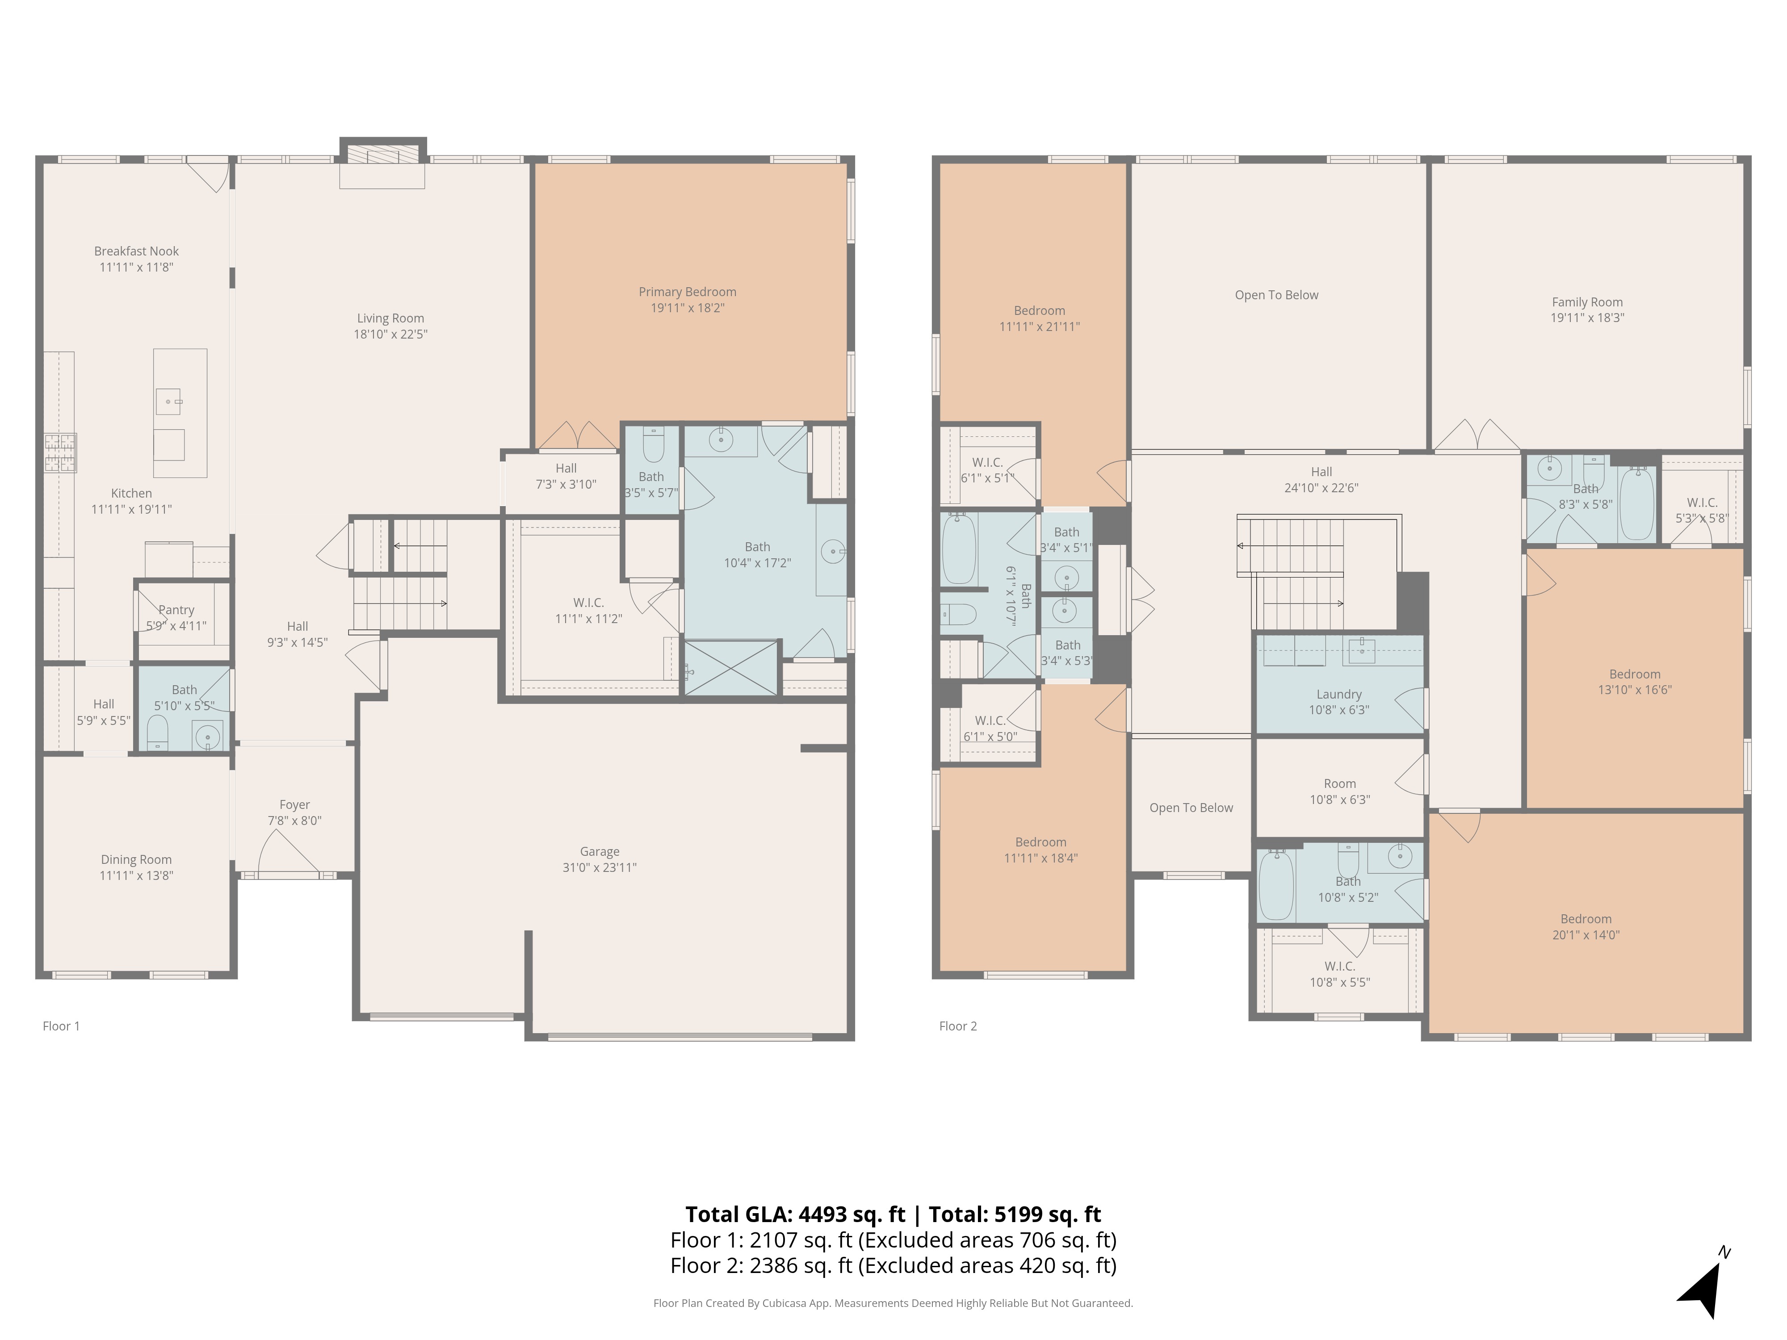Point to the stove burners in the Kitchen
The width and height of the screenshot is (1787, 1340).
coord(60,452)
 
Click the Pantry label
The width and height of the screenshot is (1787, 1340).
coord(176,610)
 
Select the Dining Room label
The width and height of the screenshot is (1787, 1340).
coord(136,859)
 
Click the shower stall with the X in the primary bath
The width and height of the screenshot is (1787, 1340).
coord(731,667)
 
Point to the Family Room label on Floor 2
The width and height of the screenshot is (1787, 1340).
coord(1587,302)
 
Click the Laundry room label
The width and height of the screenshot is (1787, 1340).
coord(1338,694)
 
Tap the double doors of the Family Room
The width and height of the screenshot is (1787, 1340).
coord(1477,436)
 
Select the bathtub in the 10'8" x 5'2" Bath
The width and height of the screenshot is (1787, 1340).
coord(1276,885)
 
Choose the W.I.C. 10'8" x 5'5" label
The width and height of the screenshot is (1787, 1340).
coord(1338,966)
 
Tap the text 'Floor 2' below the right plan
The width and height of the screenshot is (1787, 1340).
coord(957,1026)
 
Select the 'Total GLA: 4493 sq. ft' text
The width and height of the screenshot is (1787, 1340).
coord(795,1214)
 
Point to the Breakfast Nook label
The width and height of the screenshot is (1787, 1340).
coord(136,251)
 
